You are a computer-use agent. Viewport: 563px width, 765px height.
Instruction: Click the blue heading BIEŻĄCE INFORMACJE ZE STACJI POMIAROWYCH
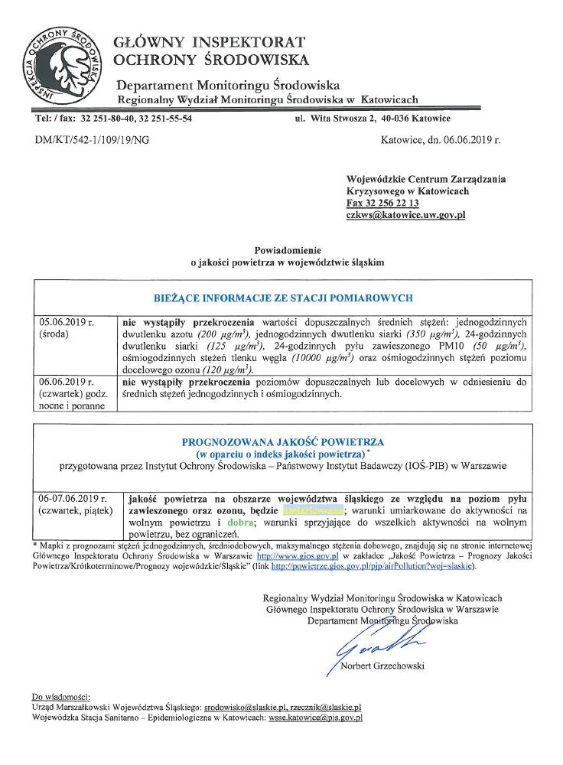pyautogui.click(x=284, y=298)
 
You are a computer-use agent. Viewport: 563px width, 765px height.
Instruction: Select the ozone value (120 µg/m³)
pyautogui.click(x=227, y=369)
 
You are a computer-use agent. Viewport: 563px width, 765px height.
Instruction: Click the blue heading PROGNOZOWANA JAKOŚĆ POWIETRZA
pyautogui.click(x=283, y=442)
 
